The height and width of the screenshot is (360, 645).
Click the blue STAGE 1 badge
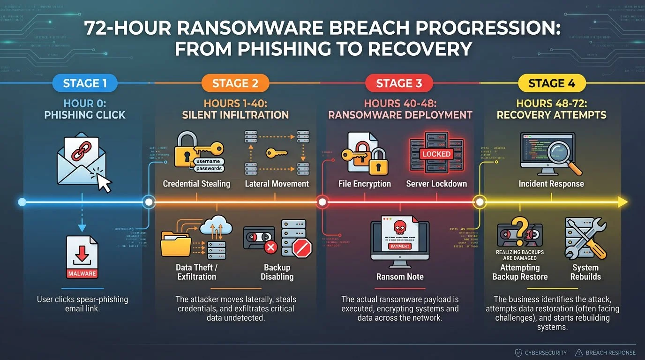pyautogui.click(x=85, y=83)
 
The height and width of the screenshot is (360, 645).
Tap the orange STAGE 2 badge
pyautogui.click(x=235, y=83)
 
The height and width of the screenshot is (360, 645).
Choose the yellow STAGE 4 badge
pyautogui.click(x=552, y=83)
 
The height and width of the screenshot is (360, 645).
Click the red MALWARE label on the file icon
pyautogui.click(x=82, y=273)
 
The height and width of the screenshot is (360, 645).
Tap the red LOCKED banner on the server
pyautogui.click(x=436, y=154)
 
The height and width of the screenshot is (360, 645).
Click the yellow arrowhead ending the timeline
pyautogui.click(x=623, y=202)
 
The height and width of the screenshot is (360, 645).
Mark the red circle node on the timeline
pyautogui.click(x=322, y=202)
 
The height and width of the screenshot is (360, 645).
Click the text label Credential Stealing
pyautogui.click(x=196, y=184)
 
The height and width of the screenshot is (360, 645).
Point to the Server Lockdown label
pyautogui.click(x=436, y=184)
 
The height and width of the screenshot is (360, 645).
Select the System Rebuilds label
pyautogui.click(x=585, y=272)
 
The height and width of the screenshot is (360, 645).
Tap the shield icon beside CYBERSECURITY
pyautogui.click(x=518, y=352)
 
